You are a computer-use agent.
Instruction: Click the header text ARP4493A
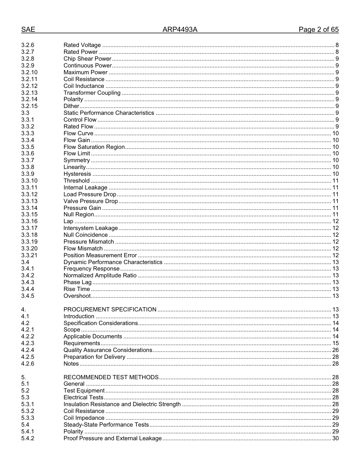click(180, 30)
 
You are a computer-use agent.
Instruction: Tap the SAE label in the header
click(28, 30)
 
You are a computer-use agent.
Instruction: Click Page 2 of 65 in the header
click(318, 30)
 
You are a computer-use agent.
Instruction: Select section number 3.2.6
click(28, 45)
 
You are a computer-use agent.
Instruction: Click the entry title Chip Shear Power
click(87, 59)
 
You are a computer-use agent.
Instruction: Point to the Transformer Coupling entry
click(92, 93)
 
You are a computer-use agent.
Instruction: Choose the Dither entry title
click(71, 106)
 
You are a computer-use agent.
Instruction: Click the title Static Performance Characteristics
click(109, 113)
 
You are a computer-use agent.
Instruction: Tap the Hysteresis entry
click(77, 174)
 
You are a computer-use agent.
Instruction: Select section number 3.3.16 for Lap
click(29, 221)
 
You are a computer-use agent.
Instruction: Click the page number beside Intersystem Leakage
click(335, 228)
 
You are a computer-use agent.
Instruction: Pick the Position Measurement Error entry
click(100, 255)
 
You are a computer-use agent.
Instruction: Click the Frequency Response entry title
click(91, 269)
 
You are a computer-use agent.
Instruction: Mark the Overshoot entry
click(77, 296)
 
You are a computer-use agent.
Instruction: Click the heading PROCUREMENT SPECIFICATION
click(110, 310)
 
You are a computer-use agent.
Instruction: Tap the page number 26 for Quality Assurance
click(335, 350)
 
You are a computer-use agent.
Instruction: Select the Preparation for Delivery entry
click(94, 357)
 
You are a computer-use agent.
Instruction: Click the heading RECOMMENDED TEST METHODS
click(111, 377)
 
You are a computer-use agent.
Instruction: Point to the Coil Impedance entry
click(84, 418)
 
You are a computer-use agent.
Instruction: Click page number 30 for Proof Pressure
click(335, 438)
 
